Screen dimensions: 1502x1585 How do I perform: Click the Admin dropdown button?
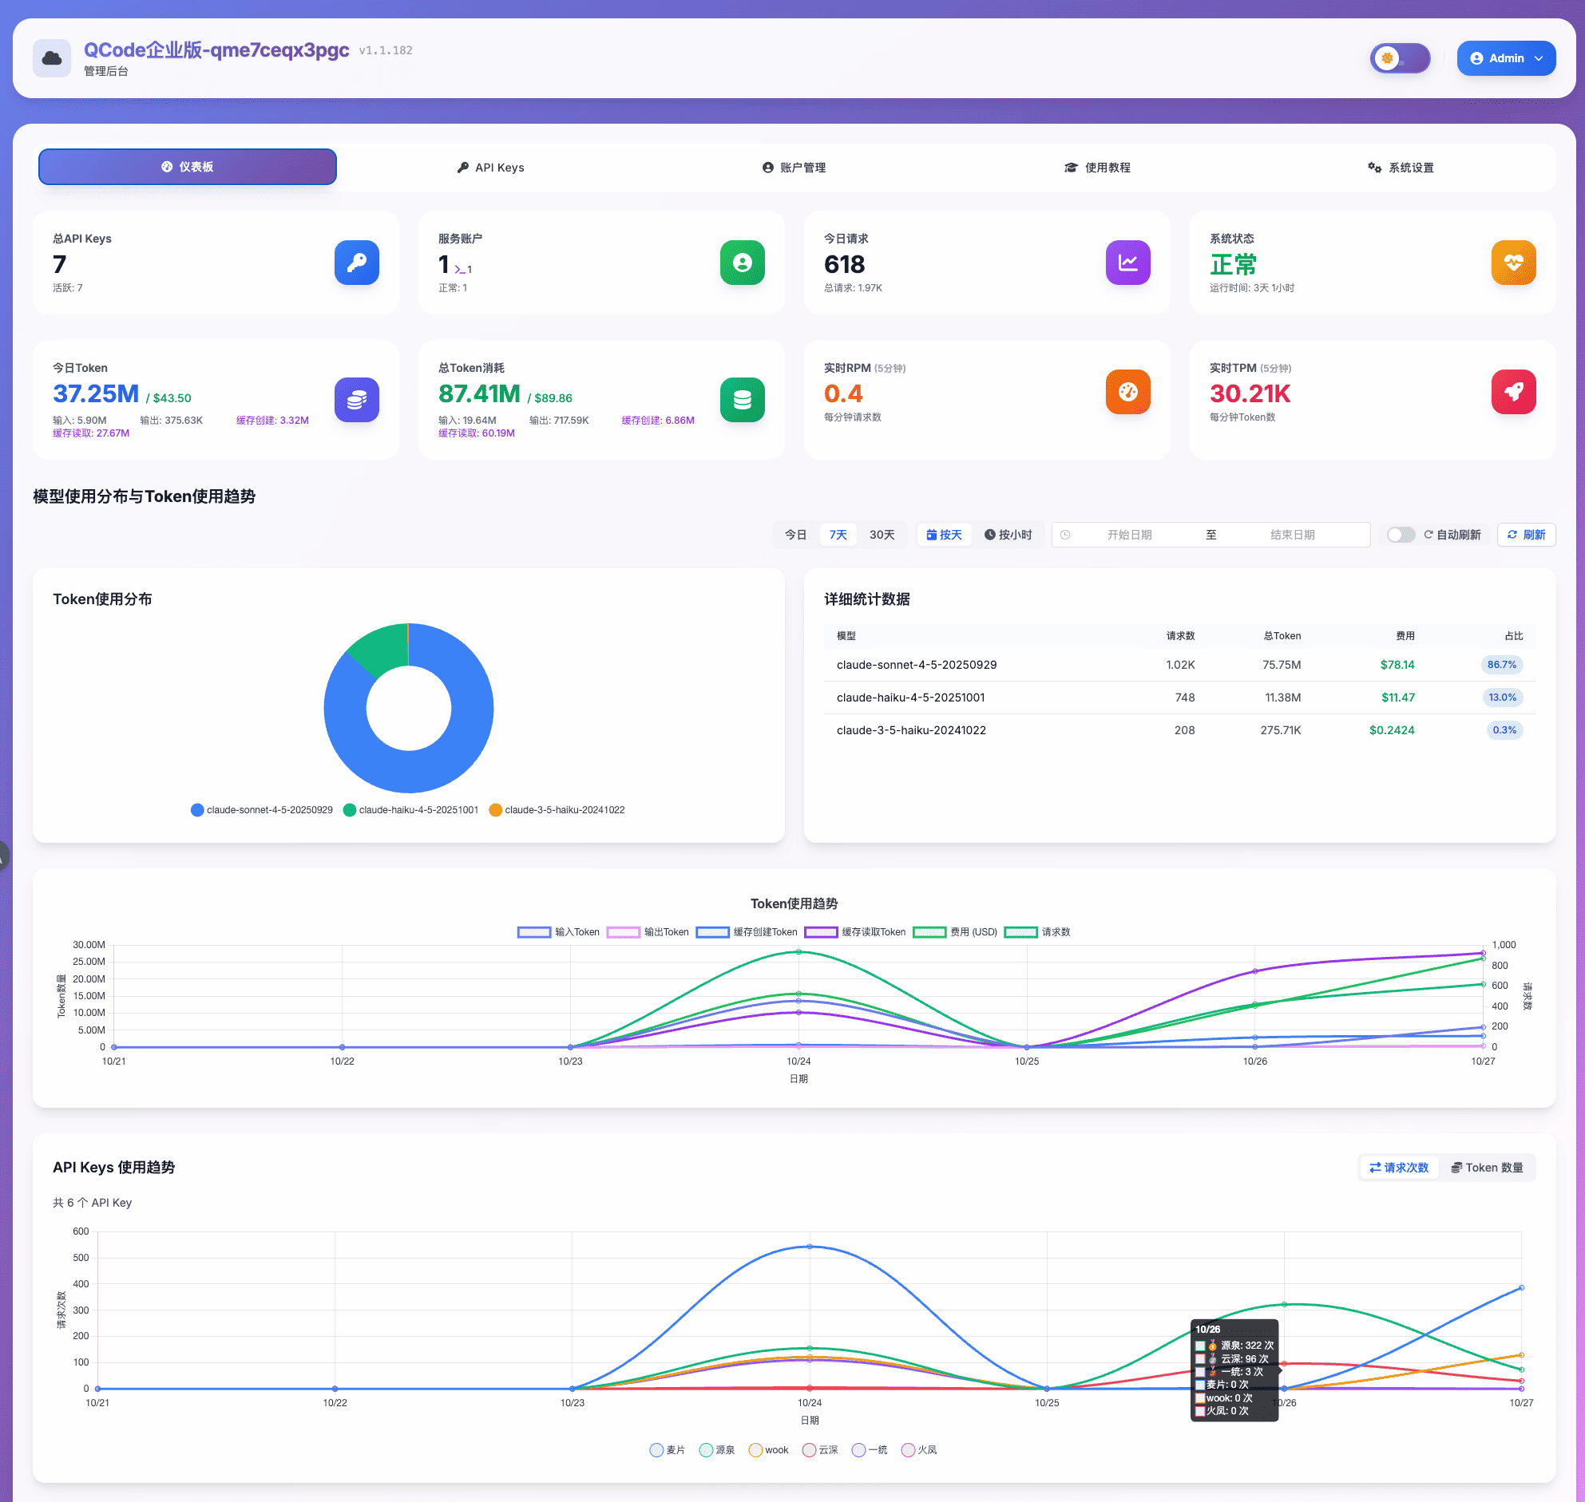[1506, 58]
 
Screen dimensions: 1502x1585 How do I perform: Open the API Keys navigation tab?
[490, 168]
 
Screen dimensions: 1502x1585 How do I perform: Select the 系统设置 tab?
[1401, 168]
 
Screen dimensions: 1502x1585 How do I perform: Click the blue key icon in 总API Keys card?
[356, 263]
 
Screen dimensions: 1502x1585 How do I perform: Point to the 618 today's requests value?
[844, 264]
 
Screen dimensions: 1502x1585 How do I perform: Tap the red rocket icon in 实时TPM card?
[1513, 393]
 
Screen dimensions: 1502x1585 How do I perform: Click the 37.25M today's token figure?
[96, 394]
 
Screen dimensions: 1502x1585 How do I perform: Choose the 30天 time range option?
[882, 535]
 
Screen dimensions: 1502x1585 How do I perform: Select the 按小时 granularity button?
[1008, 535]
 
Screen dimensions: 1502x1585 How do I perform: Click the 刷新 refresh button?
[1526, 535]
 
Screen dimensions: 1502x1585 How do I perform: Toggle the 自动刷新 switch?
[1400, 535]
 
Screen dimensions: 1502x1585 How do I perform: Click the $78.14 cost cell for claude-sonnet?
[1397, 665]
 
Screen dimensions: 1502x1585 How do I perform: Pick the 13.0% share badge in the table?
[1502, 698]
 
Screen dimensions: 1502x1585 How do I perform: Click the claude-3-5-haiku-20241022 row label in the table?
[910, 730]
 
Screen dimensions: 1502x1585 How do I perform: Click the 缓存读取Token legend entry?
[855, 932]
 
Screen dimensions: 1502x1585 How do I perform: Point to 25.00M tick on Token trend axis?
[89, 962]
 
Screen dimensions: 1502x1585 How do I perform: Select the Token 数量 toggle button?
[1488, 1168]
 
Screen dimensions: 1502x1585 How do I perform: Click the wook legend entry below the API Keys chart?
[768, 1450]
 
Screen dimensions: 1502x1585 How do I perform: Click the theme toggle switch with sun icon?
[1399, 58]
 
